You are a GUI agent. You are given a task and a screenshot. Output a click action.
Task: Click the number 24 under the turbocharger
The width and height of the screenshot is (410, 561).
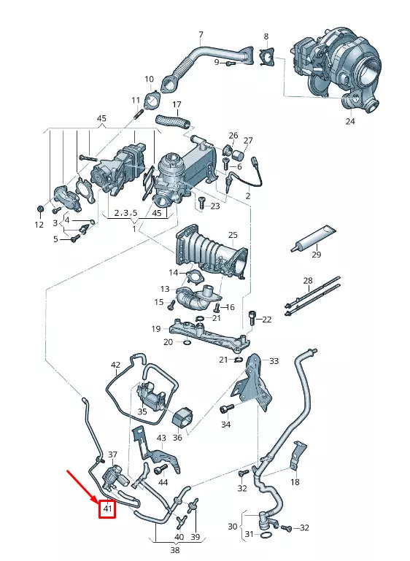(349, 122)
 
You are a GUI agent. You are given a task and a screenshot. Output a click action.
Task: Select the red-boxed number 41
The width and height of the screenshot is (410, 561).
(107, 508)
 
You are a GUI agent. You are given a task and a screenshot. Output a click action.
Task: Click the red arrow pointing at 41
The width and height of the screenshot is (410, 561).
(85, 487)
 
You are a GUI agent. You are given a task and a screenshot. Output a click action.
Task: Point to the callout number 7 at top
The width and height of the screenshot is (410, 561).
(201, 35)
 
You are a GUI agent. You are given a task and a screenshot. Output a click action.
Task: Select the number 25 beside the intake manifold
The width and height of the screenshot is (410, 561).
(233, 234)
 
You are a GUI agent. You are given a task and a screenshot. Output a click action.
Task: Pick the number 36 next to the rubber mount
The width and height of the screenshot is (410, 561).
(177, 438)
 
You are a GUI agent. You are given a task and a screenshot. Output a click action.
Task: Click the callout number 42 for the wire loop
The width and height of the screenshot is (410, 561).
(115, 364)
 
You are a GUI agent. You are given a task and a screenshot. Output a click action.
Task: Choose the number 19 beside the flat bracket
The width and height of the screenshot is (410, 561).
(156, 329)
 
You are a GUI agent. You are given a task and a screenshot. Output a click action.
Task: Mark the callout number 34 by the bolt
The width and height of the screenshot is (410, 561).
(225, 424)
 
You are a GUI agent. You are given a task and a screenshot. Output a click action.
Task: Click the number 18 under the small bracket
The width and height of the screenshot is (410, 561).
(295, 482)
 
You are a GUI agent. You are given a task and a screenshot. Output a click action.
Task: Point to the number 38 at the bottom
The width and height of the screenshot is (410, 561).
(175, 552)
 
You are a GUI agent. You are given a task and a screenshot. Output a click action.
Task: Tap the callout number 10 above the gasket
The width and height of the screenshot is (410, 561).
(149, 79)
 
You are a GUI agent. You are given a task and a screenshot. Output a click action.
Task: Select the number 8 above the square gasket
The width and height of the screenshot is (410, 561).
(266, 36)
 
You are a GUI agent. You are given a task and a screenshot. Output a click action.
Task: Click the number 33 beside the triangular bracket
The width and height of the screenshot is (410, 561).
(274, 361)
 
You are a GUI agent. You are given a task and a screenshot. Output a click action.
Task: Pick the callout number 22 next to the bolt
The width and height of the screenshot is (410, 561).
(266, 320)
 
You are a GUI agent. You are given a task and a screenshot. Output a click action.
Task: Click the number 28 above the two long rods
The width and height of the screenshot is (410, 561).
(307, 281)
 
